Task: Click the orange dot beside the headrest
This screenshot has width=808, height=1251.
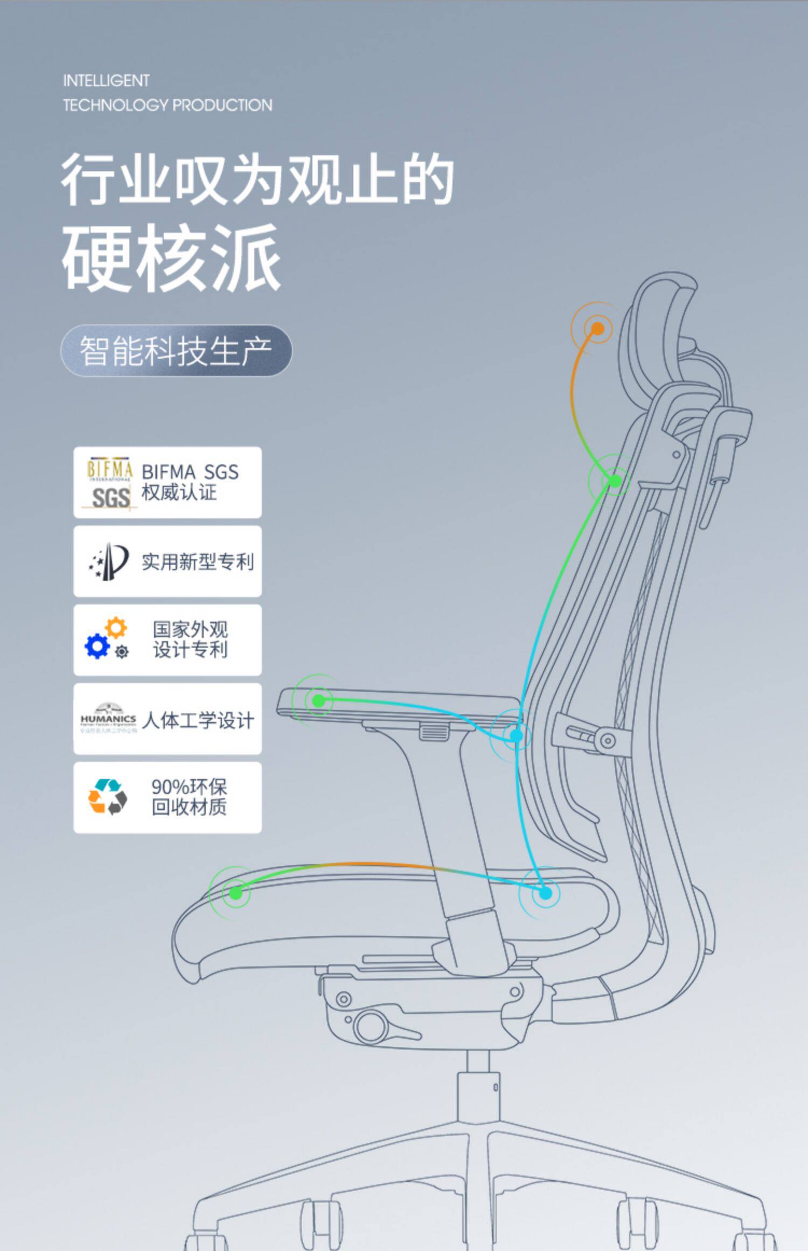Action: click(597, 328)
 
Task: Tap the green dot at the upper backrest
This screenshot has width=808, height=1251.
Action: click(615, 480)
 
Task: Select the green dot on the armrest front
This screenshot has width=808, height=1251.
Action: click(318, 700)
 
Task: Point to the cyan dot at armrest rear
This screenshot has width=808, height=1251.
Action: click(516, 735)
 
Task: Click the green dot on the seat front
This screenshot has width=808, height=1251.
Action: click(235, 893)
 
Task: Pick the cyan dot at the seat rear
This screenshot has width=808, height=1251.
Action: click(545, 893)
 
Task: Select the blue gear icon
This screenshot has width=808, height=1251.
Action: click(97, 646)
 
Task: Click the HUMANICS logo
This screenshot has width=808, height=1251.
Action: click(108, 719)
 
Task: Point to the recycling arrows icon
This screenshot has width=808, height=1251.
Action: click(108, 797)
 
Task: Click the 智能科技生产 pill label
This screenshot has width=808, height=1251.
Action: click(176, 351)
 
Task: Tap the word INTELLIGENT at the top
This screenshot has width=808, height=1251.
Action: click(106, 81)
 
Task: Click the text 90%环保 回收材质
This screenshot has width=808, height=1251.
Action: click(189, 797)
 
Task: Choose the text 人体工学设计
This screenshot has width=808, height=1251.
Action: click(198, 720)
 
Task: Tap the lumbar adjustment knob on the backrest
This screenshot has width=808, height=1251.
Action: click(608, 740)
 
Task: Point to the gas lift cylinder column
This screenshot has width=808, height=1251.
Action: click(478, 1094)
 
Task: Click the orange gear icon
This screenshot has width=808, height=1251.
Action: click(116, 628)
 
